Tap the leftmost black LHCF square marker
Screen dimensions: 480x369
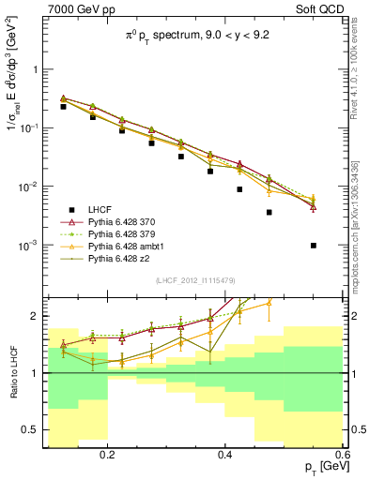64,107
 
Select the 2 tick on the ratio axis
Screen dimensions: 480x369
36,316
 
